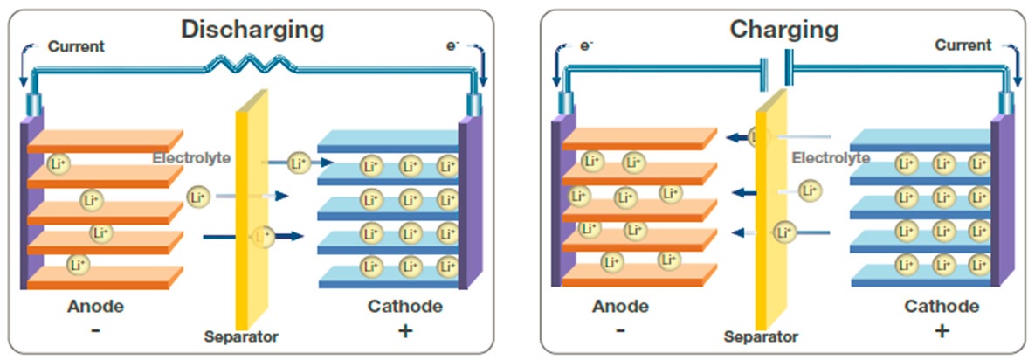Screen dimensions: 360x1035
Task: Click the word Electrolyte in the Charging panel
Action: point(831,158)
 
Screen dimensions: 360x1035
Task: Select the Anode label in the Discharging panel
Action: point(95,307)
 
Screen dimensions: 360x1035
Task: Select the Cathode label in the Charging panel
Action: point(942,307)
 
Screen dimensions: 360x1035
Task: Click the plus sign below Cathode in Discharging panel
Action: point(406,331)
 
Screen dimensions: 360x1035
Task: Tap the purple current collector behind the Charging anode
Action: point(556,205)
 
